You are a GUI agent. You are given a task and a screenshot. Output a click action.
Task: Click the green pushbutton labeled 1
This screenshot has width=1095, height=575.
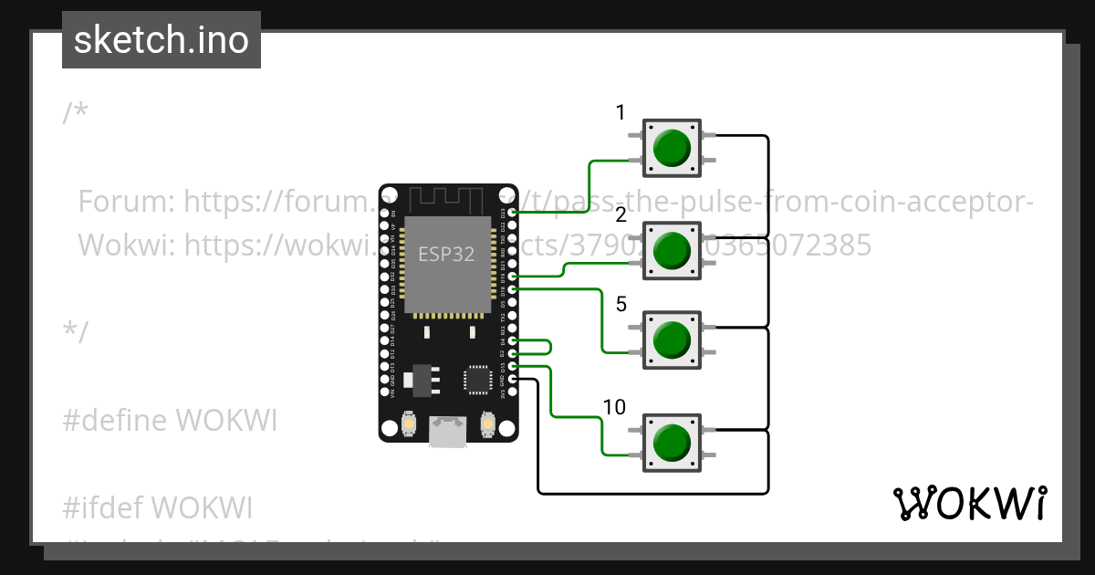673,147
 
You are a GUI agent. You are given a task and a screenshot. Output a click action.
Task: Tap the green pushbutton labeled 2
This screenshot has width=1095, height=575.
673,249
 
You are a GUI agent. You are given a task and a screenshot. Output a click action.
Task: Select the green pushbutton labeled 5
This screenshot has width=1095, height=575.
673,340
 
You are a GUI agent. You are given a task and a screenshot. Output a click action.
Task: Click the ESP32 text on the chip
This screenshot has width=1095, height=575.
446,255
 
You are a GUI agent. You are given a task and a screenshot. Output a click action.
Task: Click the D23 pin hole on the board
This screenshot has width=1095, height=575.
513,213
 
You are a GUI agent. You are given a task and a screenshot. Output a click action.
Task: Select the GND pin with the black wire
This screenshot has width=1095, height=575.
513,379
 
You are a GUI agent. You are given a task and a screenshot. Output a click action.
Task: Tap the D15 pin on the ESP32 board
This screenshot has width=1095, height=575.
513,366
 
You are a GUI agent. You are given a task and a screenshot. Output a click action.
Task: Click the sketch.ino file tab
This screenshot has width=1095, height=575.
161,40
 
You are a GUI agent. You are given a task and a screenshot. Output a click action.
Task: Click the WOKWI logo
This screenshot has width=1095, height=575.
969,503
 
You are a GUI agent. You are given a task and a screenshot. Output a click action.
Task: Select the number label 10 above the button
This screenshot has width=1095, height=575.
615,407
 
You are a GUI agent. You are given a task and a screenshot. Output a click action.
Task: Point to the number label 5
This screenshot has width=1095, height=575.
621,305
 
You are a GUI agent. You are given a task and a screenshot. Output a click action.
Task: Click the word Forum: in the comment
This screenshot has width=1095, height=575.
127,201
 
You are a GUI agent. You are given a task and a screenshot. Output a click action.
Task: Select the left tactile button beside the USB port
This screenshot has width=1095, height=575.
409,425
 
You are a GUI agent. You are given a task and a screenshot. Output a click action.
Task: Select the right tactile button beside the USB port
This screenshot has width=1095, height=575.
488,425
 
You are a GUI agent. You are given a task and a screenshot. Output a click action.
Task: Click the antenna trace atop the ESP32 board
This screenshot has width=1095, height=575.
447,200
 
